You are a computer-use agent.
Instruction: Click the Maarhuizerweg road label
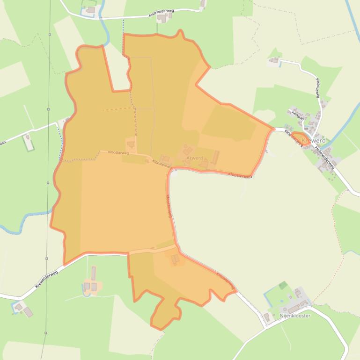click(161, 14)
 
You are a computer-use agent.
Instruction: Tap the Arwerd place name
click(195, 158)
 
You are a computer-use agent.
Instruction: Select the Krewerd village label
click(314, 141)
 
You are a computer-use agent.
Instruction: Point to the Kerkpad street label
click(298, 115)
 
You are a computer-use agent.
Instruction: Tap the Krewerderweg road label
click(46, 279)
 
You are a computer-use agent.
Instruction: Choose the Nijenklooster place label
click(295, 316)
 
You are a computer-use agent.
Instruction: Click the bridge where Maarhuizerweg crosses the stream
click(100, 18)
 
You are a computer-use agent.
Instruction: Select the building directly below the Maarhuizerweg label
click(162, 19)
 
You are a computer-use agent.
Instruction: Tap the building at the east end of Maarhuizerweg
click(203, 4)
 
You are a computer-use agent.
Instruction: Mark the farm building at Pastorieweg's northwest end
click(274, 60)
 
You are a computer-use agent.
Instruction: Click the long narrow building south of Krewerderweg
click(93, 273)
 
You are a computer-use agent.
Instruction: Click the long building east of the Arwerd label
click(215, 157)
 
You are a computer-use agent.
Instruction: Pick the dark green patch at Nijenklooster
click(283, 285)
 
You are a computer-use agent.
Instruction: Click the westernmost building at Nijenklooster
click(266, 317)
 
